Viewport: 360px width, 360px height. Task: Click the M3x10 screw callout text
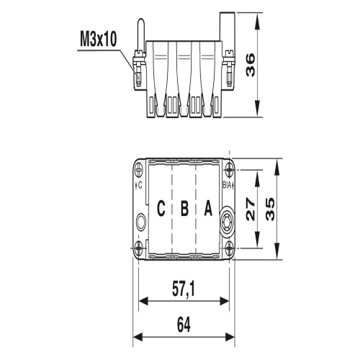coord(99,40)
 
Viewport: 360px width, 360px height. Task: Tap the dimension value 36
coord(251,66)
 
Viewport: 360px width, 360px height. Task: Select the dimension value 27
coord(251,209)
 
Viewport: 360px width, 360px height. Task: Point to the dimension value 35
coord(270,209)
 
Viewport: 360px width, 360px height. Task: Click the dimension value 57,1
coord(184,289)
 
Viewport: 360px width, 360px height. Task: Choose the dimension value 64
coord(184,325)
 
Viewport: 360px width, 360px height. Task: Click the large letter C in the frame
coord(161,208)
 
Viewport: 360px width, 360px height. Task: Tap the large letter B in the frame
coord(184,208)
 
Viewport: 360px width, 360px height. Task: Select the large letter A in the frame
coord(208,208)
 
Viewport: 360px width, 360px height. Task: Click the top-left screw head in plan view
coord(139,170)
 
